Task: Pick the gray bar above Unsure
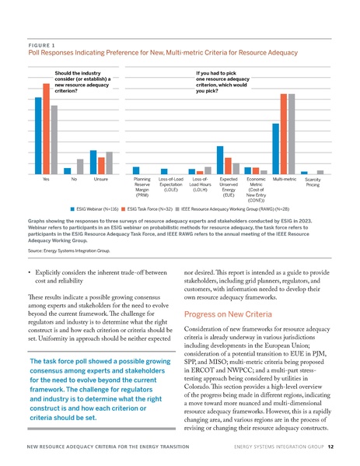coord(110,163)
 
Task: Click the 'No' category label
coord(75,179)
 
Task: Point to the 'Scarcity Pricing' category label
coord(313,182)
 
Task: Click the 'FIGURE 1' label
coord(43,44)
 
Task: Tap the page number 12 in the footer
coord(330,448)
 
